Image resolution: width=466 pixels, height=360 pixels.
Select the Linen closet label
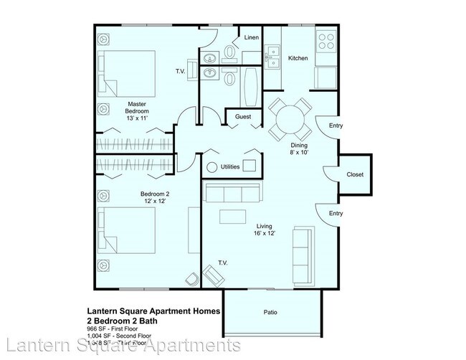coord(252,37)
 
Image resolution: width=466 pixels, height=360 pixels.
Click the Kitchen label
coord(298,58)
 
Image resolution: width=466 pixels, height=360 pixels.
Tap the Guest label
coord(242,116)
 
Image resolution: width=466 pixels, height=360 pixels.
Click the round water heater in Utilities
coord(211,167)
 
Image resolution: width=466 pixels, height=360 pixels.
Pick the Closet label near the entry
coord(355,174)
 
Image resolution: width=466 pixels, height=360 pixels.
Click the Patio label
coord(270,312)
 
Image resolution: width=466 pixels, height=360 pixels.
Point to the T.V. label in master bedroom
coord(181,72)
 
